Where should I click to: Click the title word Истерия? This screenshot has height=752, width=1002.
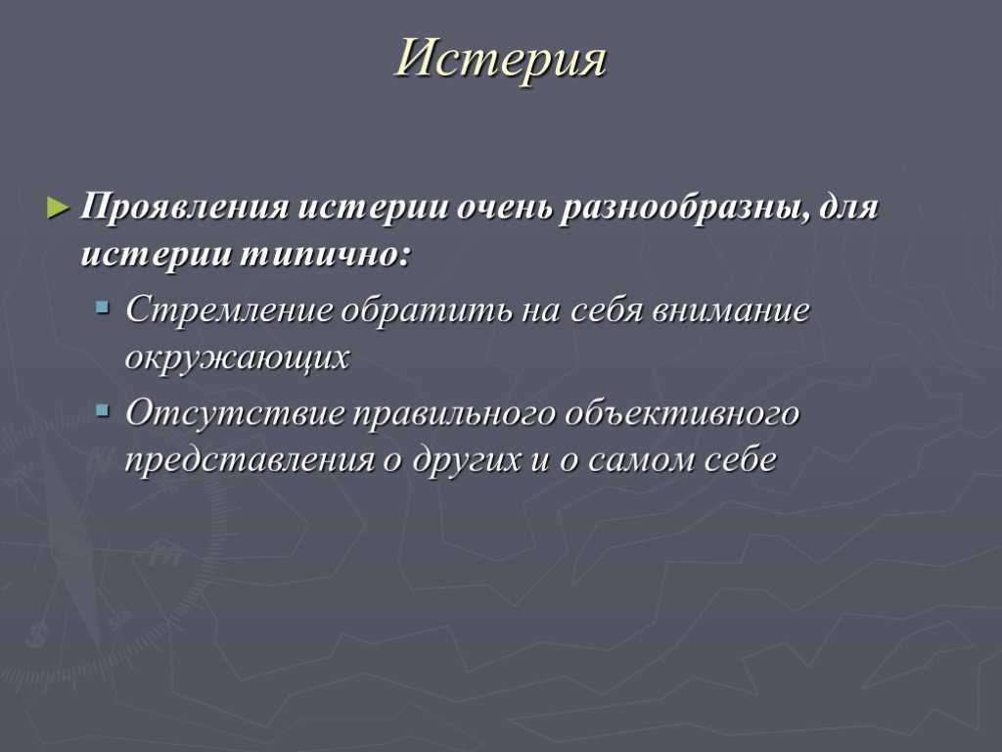tap(500, 59)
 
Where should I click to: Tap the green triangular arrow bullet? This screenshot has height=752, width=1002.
tap(58, 208)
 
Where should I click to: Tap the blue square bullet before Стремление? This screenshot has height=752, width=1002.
tap(102, 308)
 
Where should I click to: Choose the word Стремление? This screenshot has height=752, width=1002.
tap(229, 309)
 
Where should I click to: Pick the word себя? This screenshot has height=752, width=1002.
tap(607, 309)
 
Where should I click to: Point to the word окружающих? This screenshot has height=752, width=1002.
tap(237, 357)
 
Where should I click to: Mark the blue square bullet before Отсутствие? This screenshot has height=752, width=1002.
tap(102, 410)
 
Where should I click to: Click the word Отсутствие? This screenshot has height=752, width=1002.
tap(235, 412)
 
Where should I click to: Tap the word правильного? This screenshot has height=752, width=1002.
tap(454, 414)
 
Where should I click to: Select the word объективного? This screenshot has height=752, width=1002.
tap(682, 412)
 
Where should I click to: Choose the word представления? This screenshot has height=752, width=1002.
tap(250, 460)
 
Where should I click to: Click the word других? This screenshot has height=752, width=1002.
tap(467, 460)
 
